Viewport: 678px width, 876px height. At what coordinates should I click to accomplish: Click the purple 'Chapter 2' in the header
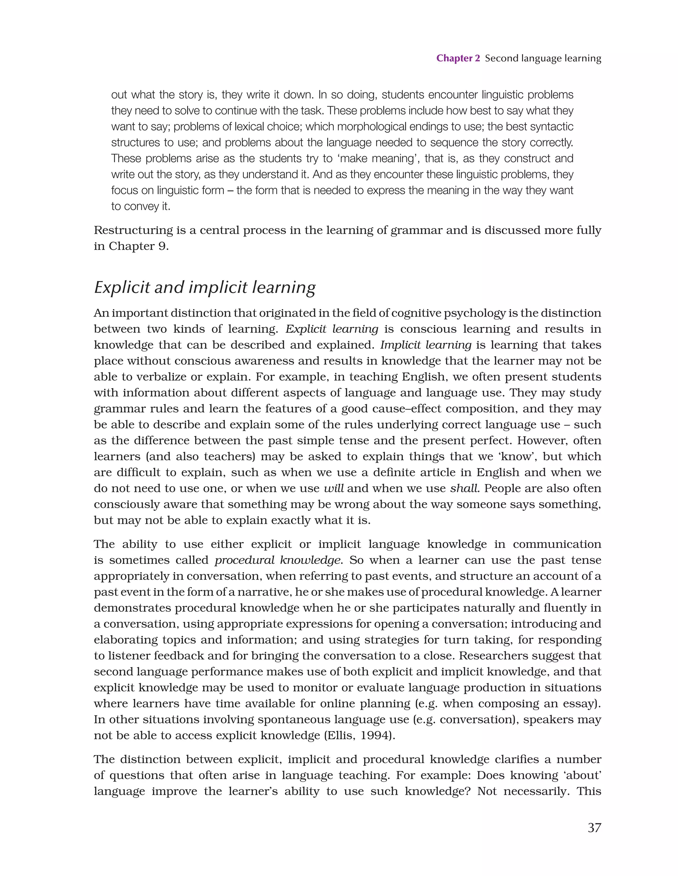pyautogui.click(x=458, y=58)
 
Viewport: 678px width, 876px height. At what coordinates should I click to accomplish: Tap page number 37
pyautogui.click(x=594, y=827)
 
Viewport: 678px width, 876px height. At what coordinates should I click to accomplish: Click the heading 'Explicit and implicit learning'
pyautogui.click(x=205, y=288)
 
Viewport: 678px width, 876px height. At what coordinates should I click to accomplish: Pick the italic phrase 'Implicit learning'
pyautogui.click(x=426, y=345)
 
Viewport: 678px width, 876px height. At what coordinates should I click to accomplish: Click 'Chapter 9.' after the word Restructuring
pyautogui.click(x=139, y=246)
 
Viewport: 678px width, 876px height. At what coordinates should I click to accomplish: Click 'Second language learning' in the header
pyautogui.click(x=543, y=58)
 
